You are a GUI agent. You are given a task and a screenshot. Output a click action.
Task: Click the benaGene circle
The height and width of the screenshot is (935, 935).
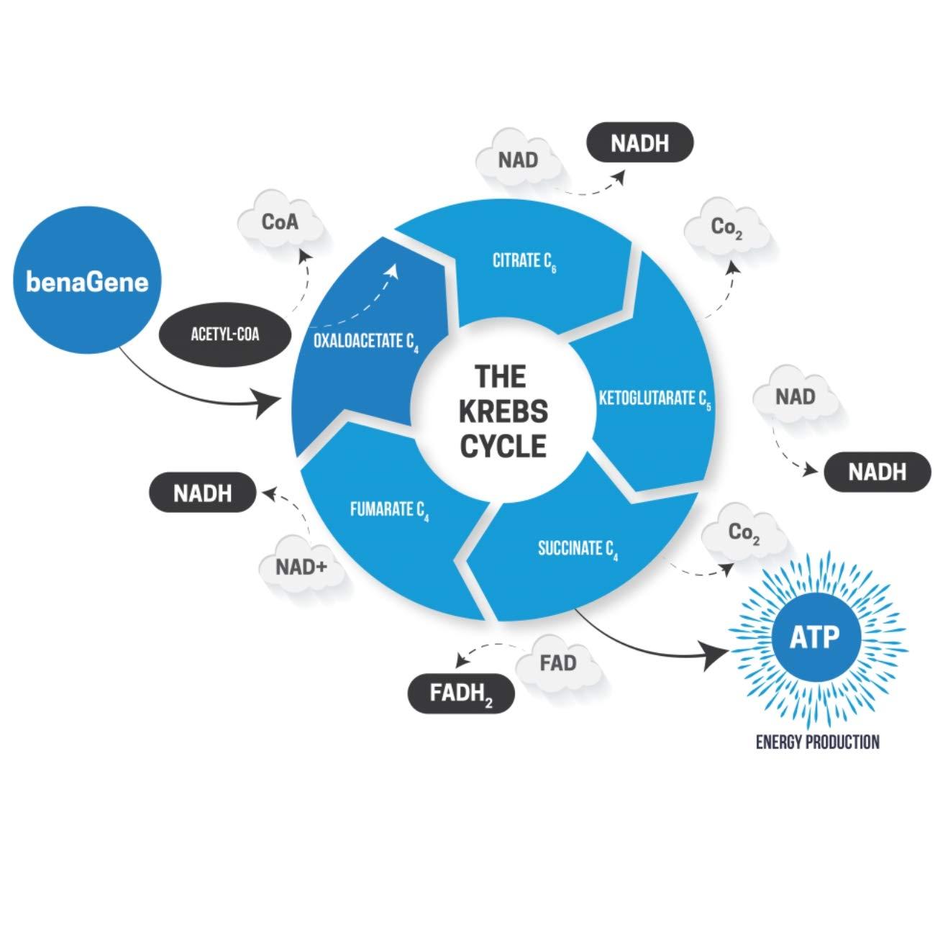87,282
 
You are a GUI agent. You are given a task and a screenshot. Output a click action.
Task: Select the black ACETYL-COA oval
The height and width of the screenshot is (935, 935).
224,334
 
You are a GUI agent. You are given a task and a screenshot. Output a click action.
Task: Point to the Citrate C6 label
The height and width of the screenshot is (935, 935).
524,261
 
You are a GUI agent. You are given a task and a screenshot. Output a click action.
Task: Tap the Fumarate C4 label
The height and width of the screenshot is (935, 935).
389,511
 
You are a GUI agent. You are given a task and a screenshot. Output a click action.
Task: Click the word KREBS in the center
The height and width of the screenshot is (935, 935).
503,411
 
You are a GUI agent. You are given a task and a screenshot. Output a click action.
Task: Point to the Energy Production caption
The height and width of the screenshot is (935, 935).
818,742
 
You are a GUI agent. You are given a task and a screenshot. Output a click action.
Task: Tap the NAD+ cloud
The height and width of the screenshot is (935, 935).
301,567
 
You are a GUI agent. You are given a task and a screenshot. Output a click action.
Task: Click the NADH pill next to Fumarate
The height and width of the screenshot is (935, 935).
202,493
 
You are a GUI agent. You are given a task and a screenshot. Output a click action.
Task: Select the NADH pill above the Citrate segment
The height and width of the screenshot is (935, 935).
639,143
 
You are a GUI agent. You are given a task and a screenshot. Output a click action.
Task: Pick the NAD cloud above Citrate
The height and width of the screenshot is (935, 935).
518,159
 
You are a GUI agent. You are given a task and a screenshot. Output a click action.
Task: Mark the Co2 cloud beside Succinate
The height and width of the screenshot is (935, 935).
744,533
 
